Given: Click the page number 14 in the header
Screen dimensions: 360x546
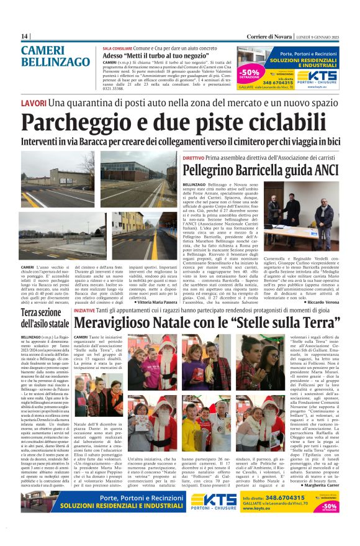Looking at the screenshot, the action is tap(24, 37).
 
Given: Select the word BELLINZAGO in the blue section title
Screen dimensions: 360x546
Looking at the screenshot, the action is tap(55, 62).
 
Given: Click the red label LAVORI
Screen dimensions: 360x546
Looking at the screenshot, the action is tap(34, 102).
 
